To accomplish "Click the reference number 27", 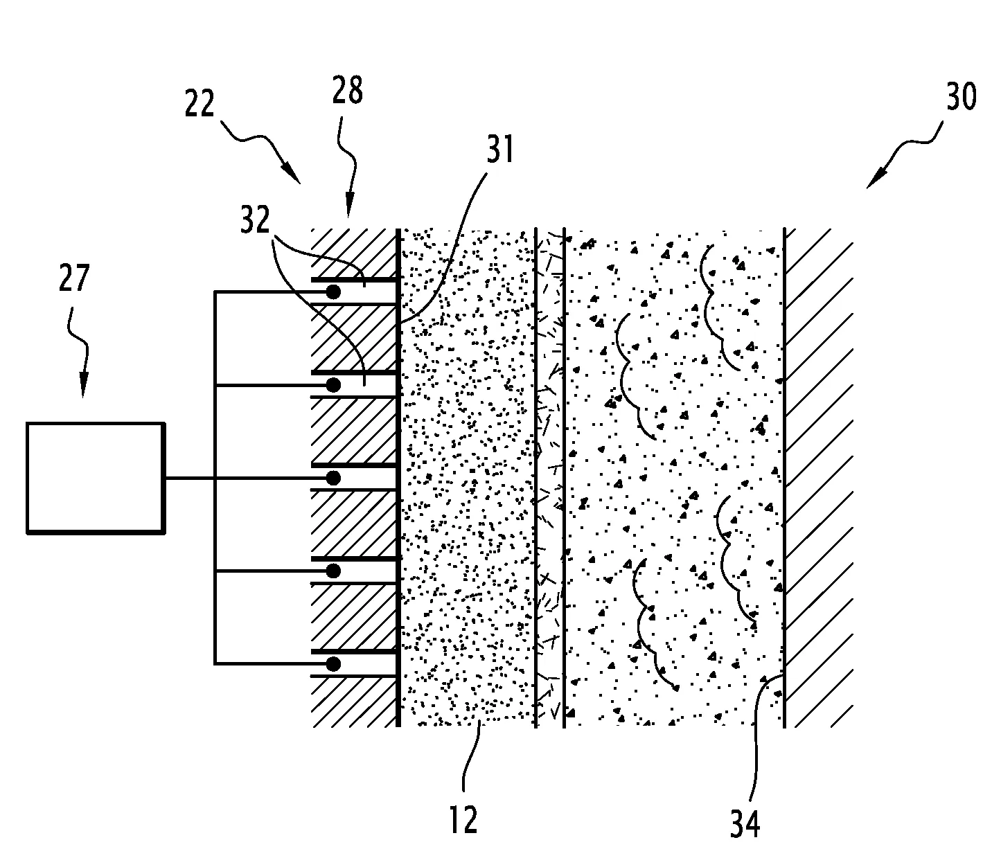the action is (x=74, y=278).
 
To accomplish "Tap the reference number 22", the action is (x=200, y=104).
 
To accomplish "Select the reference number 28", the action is (x=347, y=90).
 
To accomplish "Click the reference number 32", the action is (x=255, y=220).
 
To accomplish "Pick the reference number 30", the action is (x=962, y=96).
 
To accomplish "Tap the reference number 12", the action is (x=463, y=819).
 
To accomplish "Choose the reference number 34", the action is (x=745, y=824).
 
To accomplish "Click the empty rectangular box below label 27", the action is (x=96, y=479).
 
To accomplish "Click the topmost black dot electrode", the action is (x=333, y=292).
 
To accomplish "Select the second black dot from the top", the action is (x=333, y=385).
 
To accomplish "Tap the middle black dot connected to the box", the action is (x=333, y=479).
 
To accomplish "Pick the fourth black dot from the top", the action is (x=333, y=571).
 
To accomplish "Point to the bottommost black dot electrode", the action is (x=333, y=663).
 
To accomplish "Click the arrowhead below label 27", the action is (x=84, y=386).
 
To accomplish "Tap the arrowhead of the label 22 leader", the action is (x=292, y=174).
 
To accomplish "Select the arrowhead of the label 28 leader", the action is (x=350, y=205).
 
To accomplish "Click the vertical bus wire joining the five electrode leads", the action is (x=215, y=478).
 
